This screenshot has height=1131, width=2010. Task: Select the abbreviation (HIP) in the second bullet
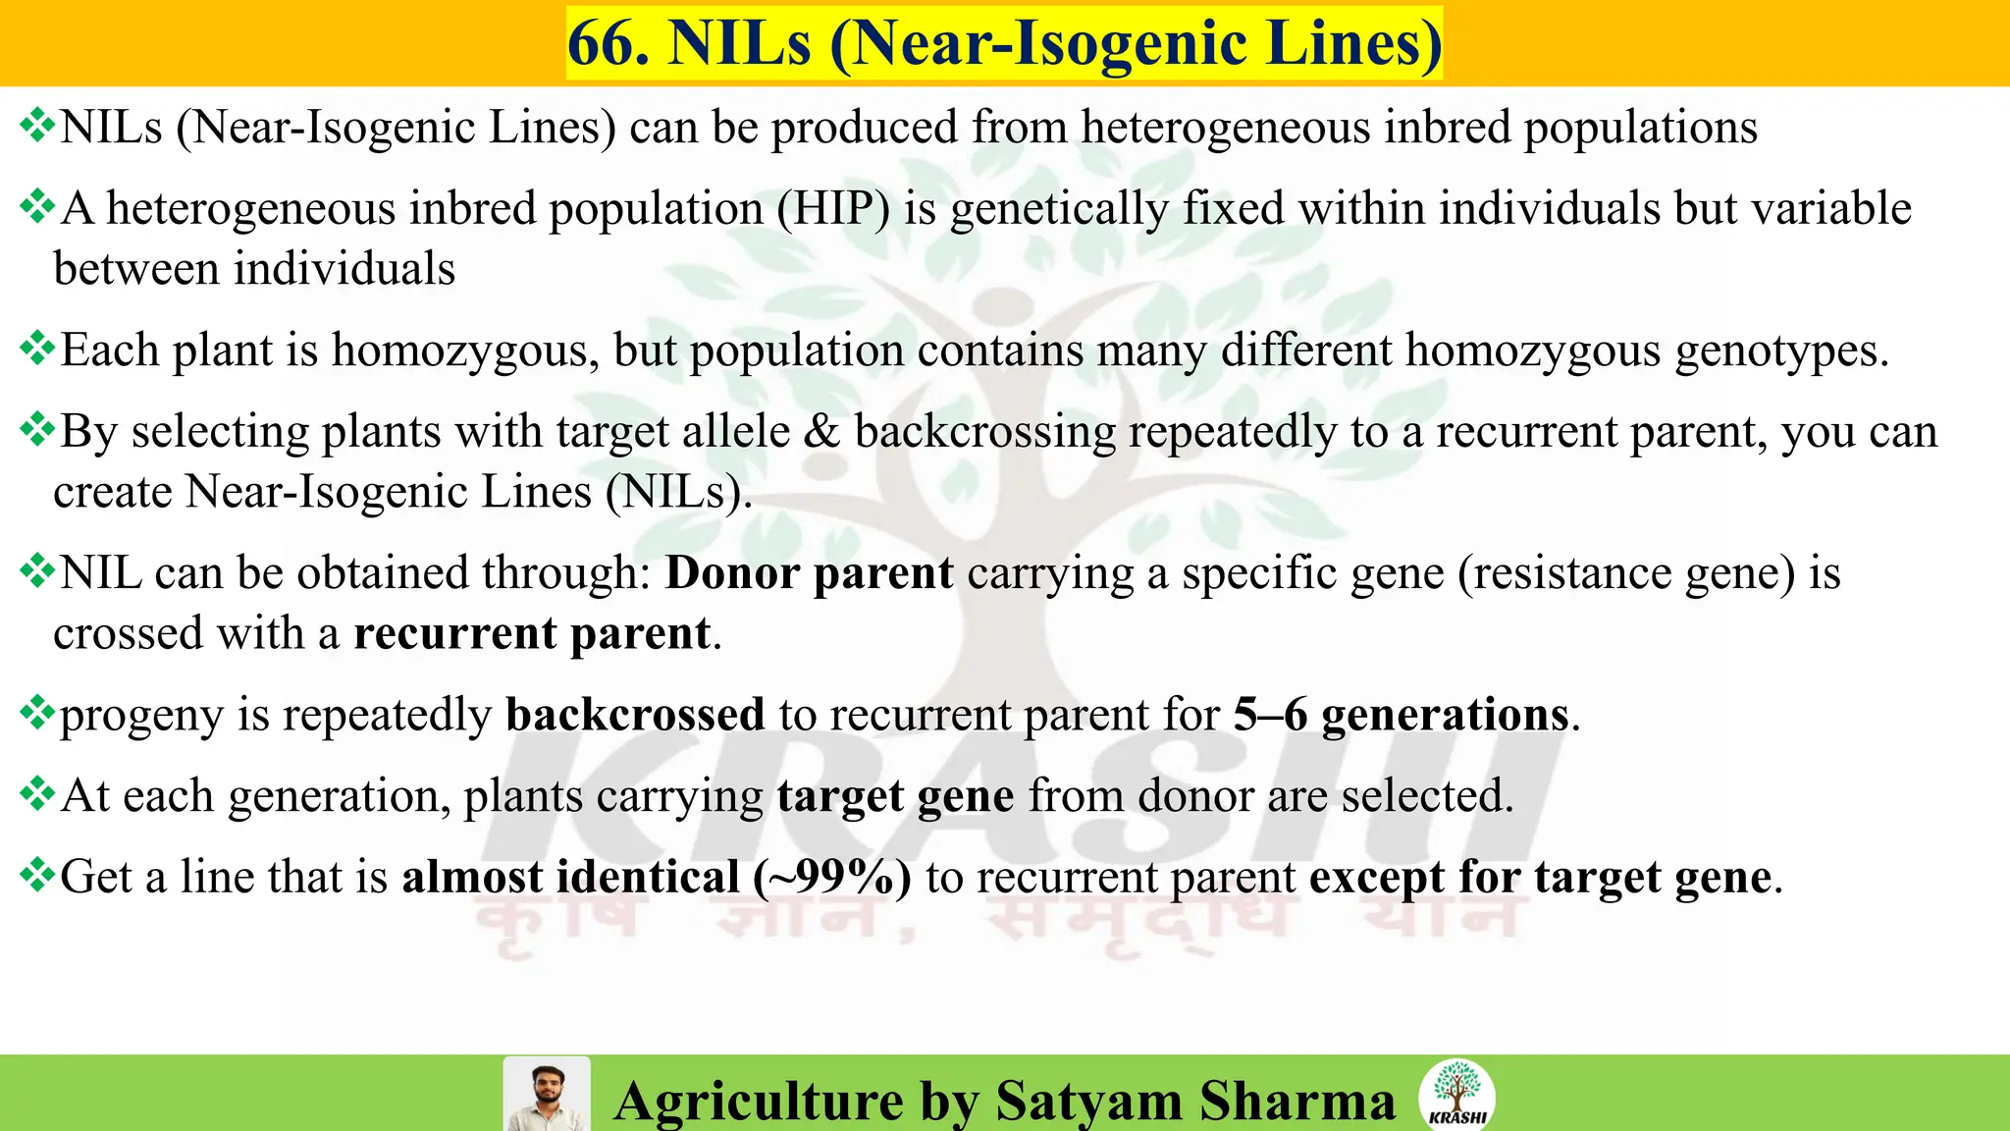(x=834, y=208)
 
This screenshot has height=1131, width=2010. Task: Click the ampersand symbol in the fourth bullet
(x=821, y=432)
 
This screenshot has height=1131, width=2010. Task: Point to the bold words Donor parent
(x=810, y=573)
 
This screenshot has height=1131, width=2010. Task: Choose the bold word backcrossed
(x=635, y=715)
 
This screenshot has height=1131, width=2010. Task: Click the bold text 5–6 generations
(x=1402, y=715)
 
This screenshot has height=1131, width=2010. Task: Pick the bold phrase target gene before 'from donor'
(x=895, y=796)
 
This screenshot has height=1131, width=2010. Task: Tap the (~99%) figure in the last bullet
(x=832, y=877)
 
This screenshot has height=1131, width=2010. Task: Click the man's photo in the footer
(x=547, y=1095)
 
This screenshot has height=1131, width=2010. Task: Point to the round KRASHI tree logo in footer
(x=1457, y=1094)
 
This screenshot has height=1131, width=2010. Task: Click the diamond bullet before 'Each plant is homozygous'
(x=37, y=349)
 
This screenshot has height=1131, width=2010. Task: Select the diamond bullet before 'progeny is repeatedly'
(x=37, y=713)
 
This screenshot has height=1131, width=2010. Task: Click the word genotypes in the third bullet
(x=1781, y=350)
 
